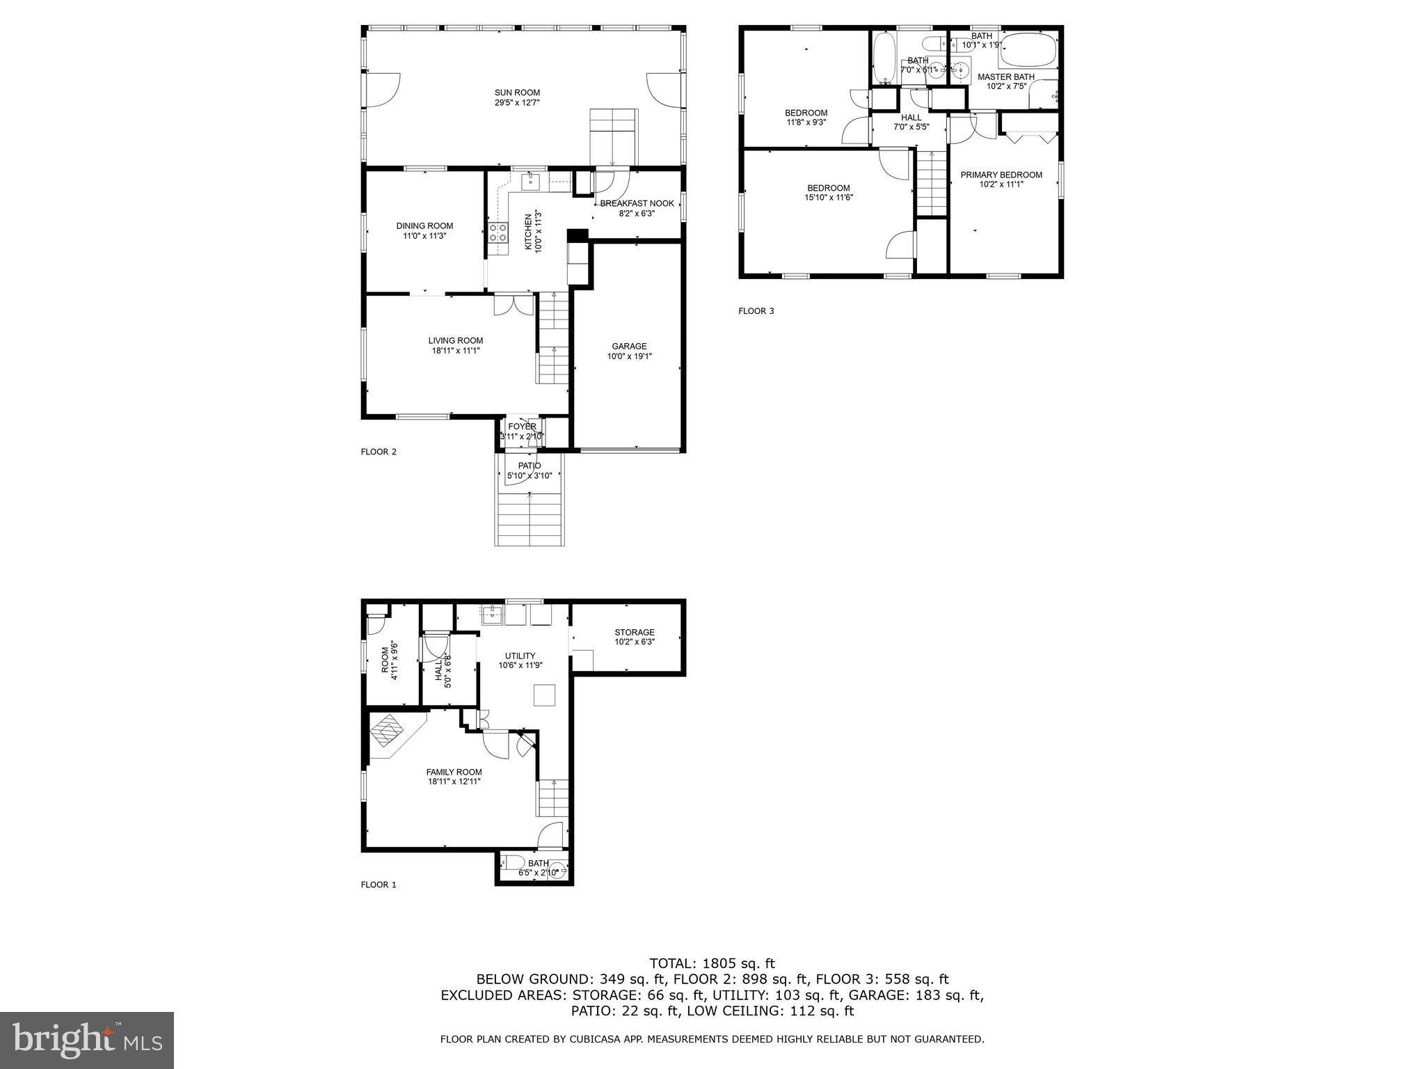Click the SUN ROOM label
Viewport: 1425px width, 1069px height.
[517, 93]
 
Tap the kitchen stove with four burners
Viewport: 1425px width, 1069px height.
[497, 232]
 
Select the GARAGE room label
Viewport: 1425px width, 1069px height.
[629, 346]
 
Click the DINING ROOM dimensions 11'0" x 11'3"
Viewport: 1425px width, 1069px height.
[424, 236]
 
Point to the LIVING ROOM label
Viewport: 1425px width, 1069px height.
[456, 340]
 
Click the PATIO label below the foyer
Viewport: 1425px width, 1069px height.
[530, 466]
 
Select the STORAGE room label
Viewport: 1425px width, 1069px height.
[634, 633]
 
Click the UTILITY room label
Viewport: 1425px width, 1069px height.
[520, 656]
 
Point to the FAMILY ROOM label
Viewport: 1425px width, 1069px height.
[454, 772]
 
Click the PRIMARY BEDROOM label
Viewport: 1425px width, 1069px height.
[1001, 175]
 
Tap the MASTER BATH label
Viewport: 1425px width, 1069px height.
[1005, 77]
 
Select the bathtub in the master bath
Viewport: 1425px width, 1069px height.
[1027, 49]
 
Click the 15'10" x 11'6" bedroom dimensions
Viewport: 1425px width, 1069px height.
[829, 198]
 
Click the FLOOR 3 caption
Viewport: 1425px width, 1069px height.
[756, 311]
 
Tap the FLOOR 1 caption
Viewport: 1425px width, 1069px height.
[379, 885]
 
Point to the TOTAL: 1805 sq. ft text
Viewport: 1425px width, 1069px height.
[712, 963]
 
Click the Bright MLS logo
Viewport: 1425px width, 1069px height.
[87, 1040]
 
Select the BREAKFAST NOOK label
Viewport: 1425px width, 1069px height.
[637, 203]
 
